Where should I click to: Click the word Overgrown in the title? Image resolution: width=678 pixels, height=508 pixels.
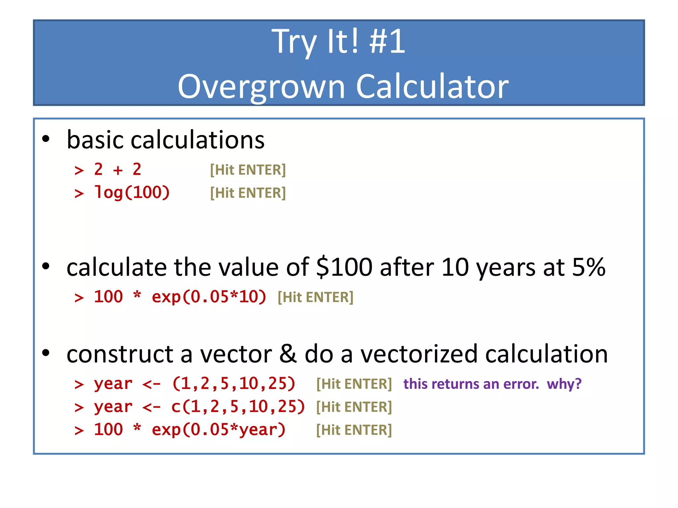(x=262, y=87)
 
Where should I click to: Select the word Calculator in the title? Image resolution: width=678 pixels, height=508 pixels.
(x=432, y=87)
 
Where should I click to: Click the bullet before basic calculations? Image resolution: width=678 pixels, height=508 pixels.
(x=46, y=139)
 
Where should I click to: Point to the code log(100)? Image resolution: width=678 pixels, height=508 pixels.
(x=132, y=192)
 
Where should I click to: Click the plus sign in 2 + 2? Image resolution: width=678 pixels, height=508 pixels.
(x=118, y=170)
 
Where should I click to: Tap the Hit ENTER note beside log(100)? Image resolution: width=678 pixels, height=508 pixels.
(x=248, y=193)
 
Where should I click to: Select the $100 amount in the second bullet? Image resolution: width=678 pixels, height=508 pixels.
(x=344, y=267)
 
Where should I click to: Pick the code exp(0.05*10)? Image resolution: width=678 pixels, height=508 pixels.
(x=209, y=297)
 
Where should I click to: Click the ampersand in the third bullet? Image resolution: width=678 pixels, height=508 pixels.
(x=288, y=354)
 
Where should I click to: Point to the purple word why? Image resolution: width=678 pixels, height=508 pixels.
(x=564, y=384)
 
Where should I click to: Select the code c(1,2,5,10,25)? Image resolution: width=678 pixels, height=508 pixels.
(x=238, y=407)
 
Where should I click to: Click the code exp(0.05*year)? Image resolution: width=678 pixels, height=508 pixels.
(x=218, y=430)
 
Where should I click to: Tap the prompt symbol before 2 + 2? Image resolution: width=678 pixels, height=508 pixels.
(x=79, y=171)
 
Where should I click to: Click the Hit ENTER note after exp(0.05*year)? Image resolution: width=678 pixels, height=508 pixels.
(x=354, y=430)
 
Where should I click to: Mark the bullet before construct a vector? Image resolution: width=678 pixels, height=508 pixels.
(x=46, y=353)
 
